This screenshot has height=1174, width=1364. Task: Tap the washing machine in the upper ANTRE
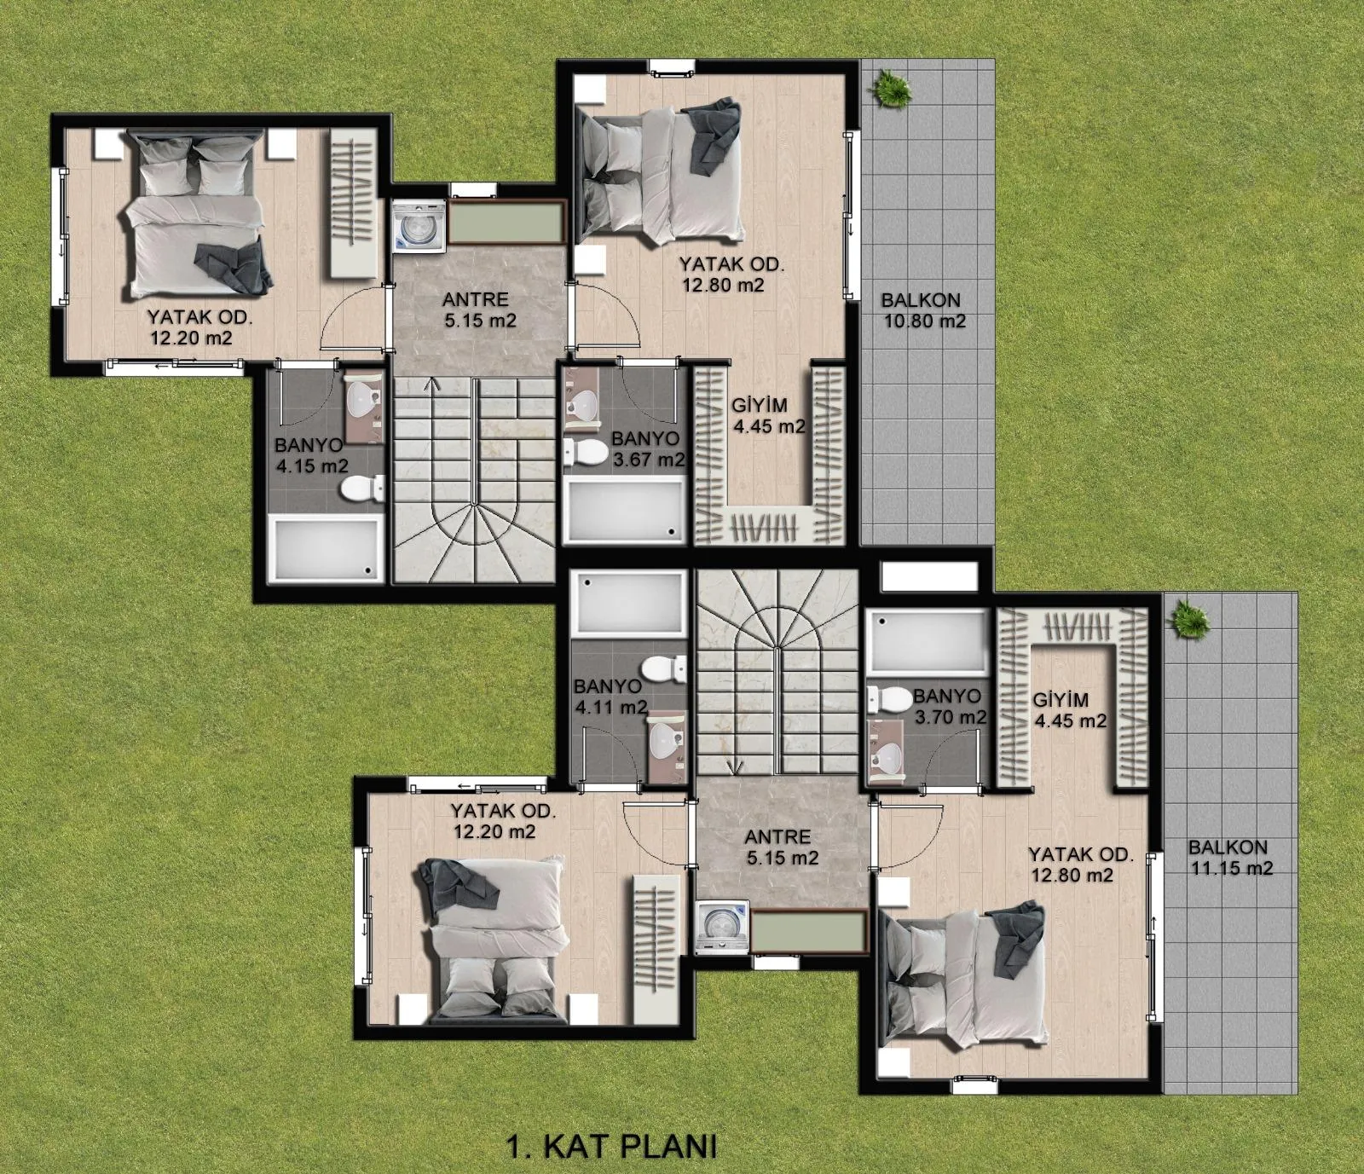[419, 226]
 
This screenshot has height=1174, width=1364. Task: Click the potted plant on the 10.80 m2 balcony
[891, 88]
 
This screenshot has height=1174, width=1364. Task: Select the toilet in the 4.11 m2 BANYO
[663, 668]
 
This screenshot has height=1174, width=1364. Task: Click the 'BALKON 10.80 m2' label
[922, 311]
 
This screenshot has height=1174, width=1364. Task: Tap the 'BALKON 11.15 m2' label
[1229, 858]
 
